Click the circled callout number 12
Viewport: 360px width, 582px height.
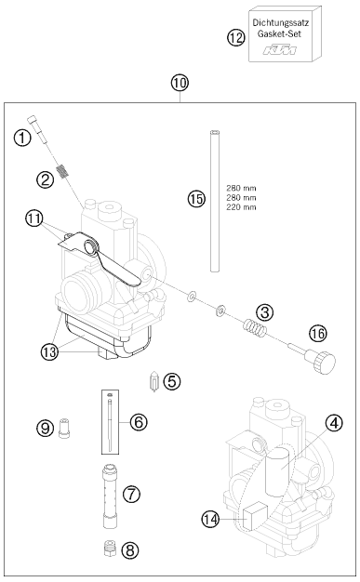point(236,37)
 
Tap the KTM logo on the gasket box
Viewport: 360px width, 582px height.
point(280,49)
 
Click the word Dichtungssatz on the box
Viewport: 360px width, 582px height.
point(281,22)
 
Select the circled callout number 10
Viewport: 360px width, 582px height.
point(180,83)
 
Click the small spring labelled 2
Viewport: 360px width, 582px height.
point(63,171)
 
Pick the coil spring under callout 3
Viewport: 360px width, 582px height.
point(255,327)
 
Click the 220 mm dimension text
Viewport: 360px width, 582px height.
point(241,207)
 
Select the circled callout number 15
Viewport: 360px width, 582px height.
point(196,199)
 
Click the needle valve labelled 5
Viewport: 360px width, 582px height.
point(153,381)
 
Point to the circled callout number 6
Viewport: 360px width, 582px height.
point(139,422)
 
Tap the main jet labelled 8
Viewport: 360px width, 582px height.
point(110,549)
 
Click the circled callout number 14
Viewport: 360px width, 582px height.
point(210,519)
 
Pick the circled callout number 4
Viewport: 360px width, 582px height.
point(334,423)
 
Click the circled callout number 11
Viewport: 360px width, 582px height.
point(34,218)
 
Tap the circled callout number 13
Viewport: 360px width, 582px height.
point(49,351)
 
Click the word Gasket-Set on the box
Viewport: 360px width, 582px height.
point(279,33)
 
